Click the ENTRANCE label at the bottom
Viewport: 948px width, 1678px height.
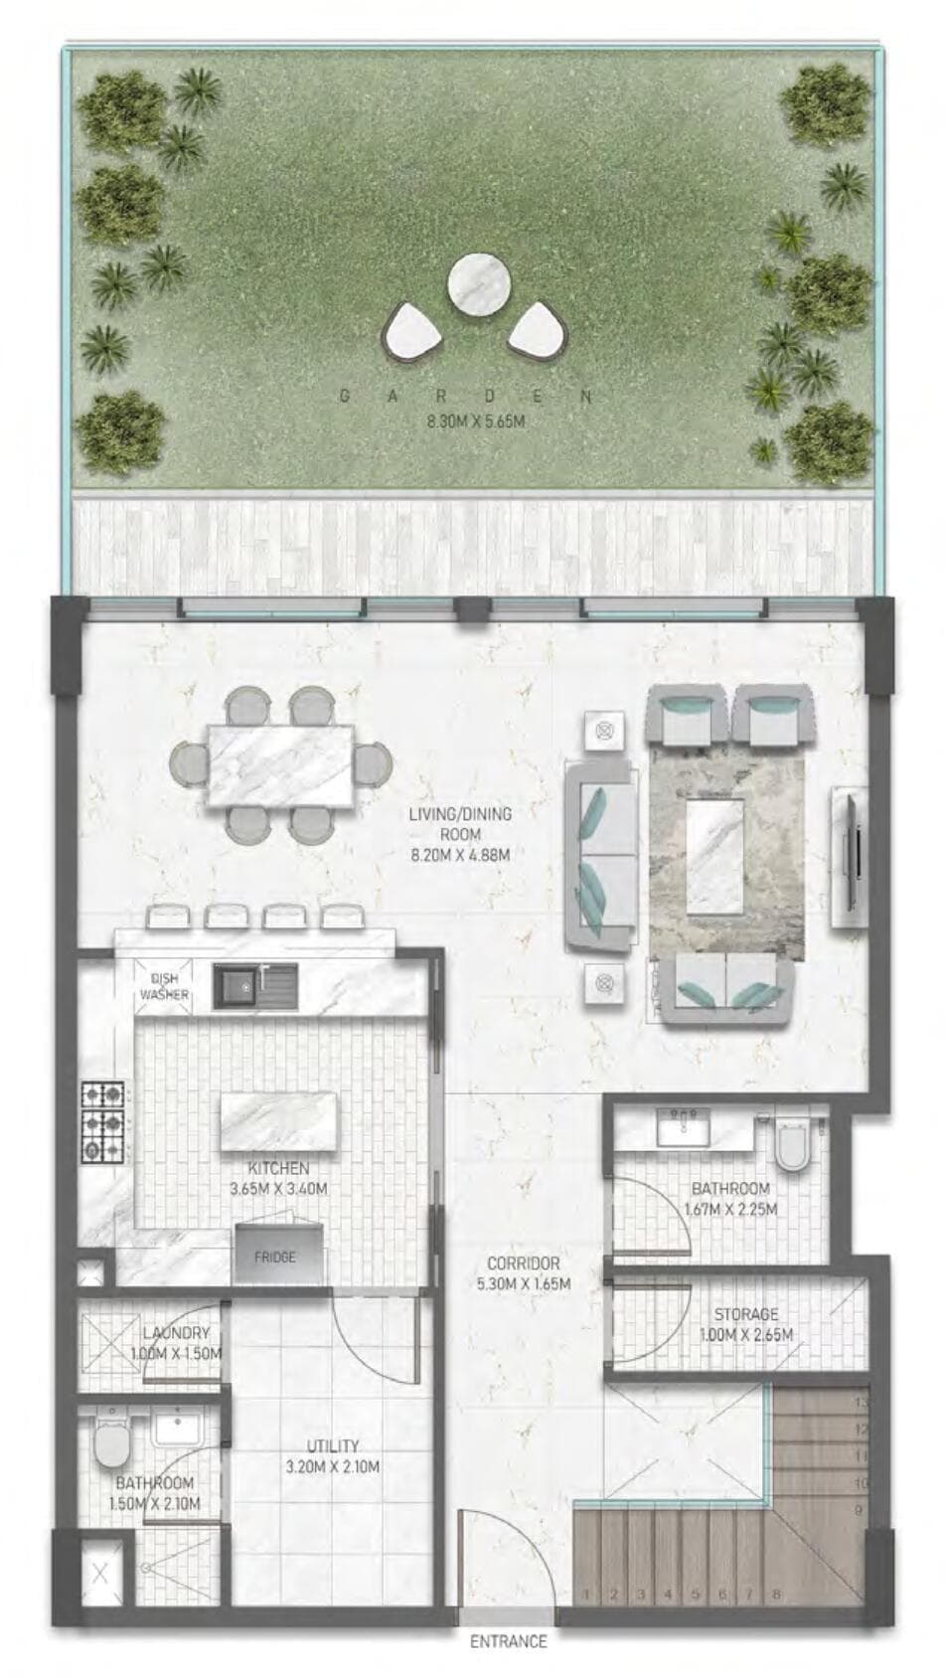click(x=508, y=1640)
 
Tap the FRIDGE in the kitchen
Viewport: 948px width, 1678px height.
click(x=277, y=1257)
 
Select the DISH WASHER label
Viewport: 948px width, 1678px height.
click(x=165, y=986)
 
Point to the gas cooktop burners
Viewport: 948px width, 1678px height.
click(x=103, y=1122)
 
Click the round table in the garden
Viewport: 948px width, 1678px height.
click(x=479, y=284)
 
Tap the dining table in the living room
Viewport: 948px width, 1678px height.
click(x=280, y=765)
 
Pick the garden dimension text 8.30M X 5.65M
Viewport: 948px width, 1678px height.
click(x=475, y=421)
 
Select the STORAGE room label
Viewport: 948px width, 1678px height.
click(x=745, y=1314)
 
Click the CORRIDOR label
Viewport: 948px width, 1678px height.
click(x=523, y=1263)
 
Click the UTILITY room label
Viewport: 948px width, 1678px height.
click(x=332, y=1446)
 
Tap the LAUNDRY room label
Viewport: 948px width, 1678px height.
click(x=176, y=1333)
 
